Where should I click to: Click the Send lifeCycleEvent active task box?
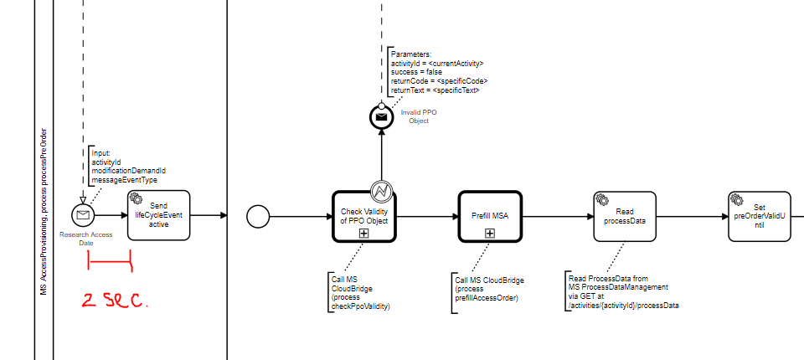[159, 215]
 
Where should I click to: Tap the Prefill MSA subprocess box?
[489, 215]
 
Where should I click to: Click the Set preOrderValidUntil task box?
[759, 217]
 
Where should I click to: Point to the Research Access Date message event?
[83, 215]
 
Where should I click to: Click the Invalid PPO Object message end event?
[381, 117]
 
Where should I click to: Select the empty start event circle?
[259, 216]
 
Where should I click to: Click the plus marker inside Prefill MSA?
[490, 232]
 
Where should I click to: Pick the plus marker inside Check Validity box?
[363, 233]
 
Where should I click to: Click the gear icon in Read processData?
[602, 199]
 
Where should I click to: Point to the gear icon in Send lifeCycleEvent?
[136, 198]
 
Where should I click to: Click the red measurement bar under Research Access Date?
[110, 265]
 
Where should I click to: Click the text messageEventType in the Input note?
[124, 179]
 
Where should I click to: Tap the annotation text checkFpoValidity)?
[362, 306]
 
